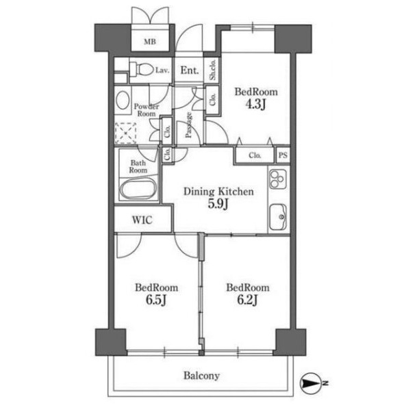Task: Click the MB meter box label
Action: (x=150, y=42)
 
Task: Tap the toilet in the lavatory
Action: (x=142, y=69)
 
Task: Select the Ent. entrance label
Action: (x=190, y=70)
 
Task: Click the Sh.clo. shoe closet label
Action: (x=212, y=70)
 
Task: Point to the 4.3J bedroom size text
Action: (x=255, y=104)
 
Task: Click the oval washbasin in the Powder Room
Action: (x=123, y=100)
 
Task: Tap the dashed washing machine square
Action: (x=125, y=133)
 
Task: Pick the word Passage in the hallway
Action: (x=188, y=125)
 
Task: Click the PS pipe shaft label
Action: (x=283, y=155)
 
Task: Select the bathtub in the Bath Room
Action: (x=138, y=189)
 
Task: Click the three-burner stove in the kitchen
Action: (x=278, y=179)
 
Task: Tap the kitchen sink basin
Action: (x=278, y=217)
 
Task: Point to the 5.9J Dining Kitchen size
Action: (x=218, y=204)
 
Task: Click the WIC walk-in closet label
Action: (x=142, y=220)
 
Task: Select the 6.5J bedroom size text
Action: (x=156, y=300)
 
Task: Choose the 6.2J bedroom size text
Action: (x=247, y=300)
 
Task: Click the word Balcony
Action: (x=201, y=376)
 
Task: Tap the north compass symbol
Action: (x=309, y=383)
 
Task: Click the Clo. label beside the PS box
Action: (x=255, y=155)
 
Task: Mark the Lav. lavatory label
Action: (x=162, y=70)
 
